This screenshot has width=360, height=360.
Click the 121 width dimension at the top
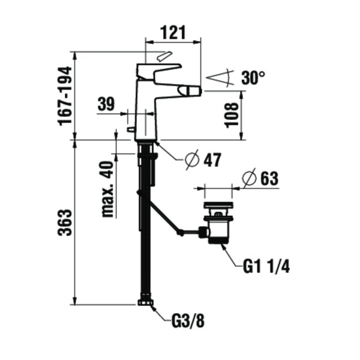tap(173, 33)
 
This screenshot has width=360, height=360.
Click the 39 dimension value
tap(106, 104)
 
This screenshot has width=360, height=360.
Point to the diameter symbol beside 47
tap(191, 160)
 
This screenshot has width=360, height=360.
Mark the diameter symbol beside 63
tap(249, 179)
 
